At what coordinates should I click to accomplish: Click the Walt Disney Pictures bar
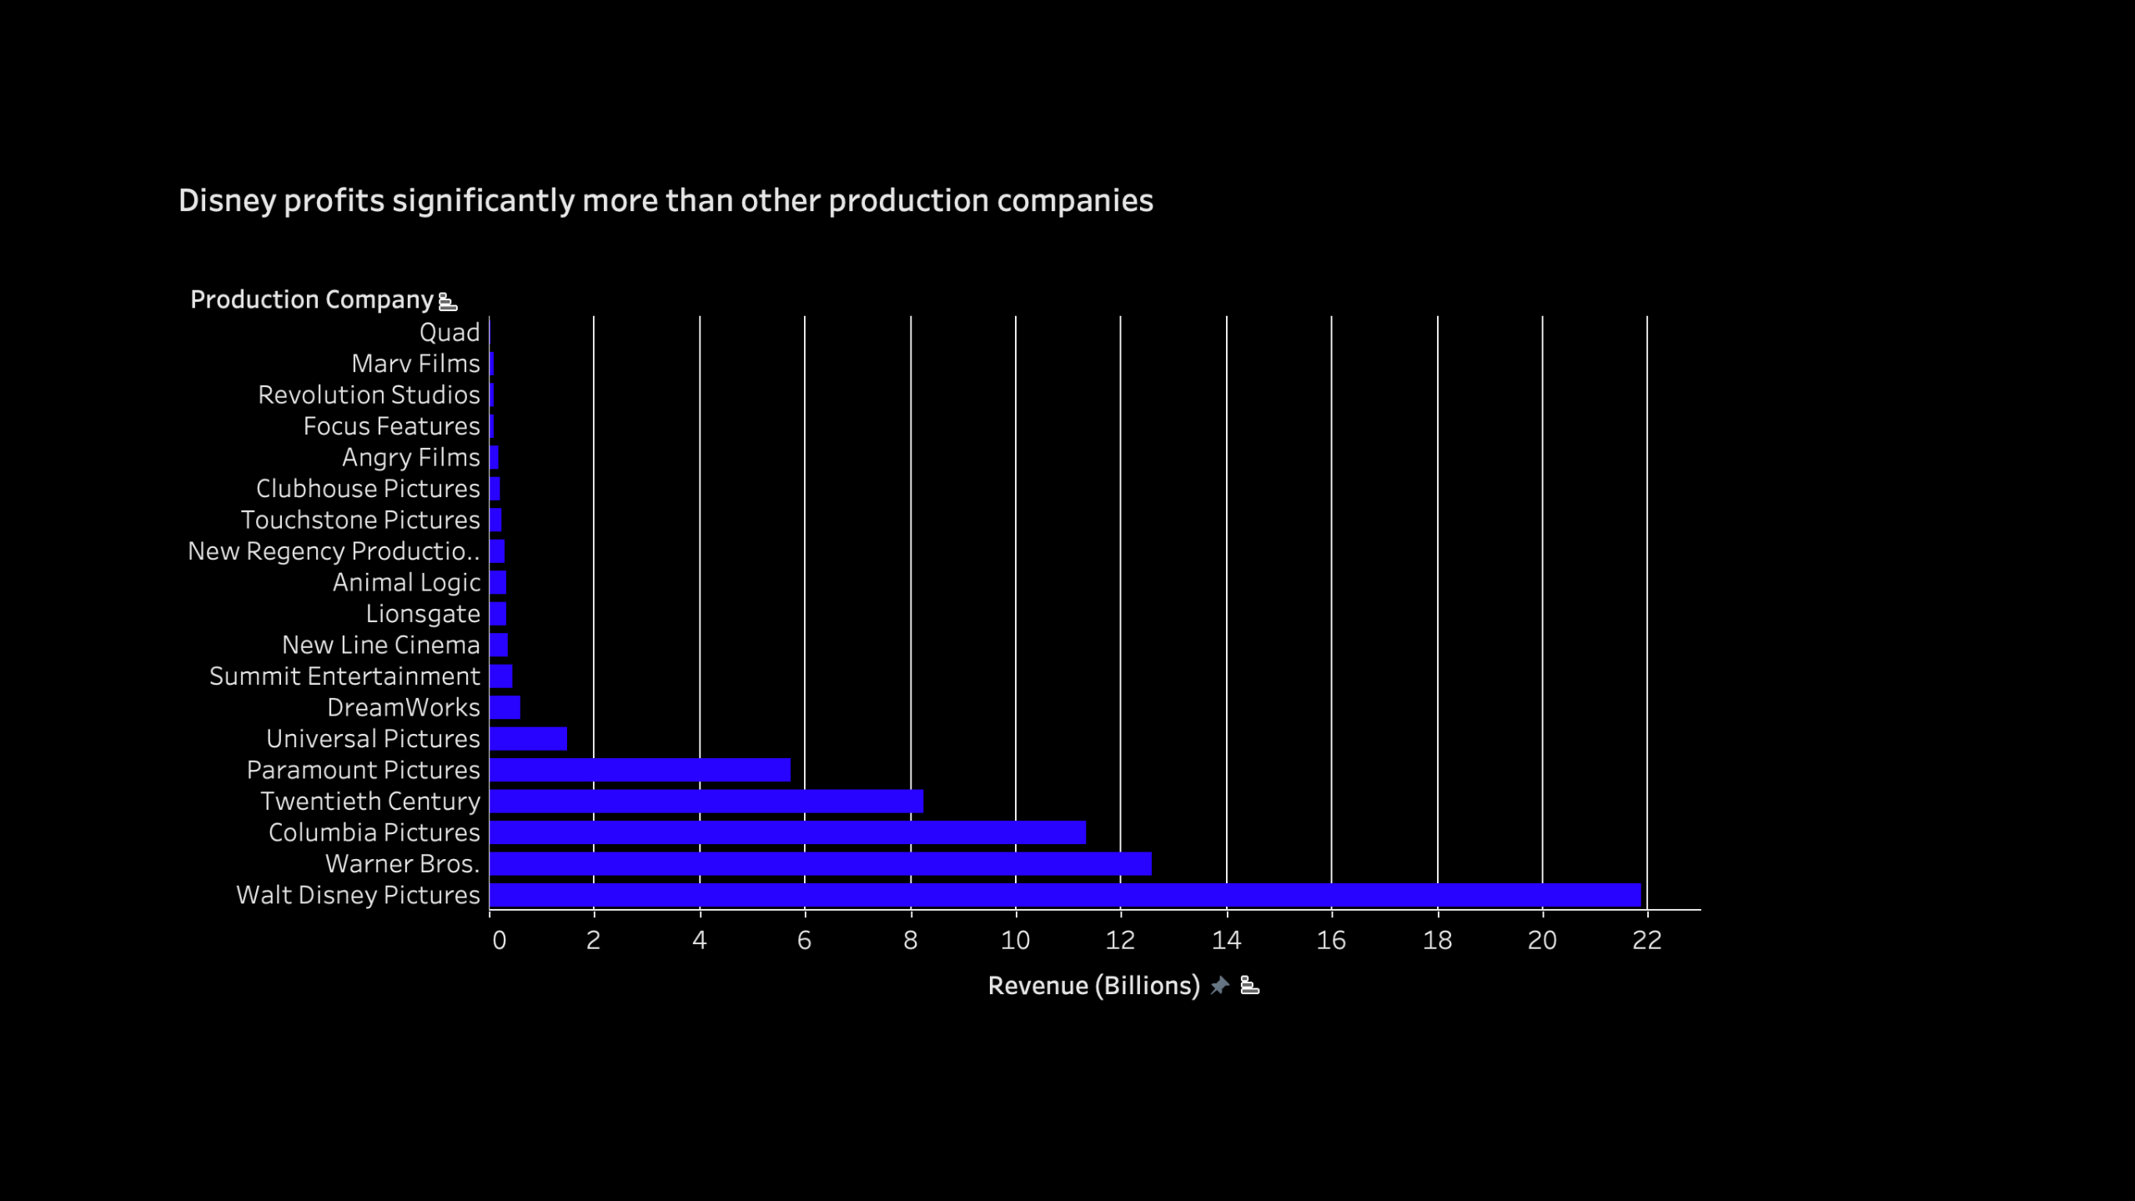[1065, 895]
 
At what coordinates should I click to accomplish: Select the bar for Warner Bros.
[821, 864]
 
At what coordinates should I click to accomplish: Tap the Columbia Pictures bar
[787, 832]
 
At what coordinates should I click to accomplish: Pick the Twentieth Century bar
[706, 802]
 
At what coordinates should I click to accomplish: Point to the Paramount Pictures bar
[640, 770]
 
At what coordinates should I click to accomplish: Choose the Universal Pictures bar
[529, 739]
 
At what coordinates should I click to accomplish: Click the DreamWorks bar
[505, 707]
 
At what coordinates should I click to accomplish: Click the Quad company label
[450, 333]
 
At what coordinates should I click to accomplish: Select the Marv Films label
[415, 364]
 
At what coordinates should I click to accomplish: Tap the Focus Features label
[391, 426]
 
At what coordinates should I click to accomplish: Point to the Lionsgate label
[423, 614]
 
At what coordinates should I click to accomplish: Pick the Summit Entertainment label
[344, 676]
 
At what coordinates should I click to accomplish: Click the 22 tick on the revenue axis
[1647, 941]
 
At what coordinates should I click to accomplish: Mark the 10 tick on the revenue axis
[1015, 941]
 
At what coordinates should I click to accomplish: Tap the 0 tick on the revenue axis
[499, 941]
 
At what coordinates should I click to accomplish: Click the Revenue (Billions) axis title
[1093, 986]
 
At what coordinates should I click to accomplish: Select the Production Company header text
[312, 299]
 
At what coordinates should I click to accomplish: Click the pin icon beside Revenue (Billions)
[1220, 986]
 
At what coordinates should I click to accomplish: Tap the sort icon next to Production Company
[448, 302]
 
